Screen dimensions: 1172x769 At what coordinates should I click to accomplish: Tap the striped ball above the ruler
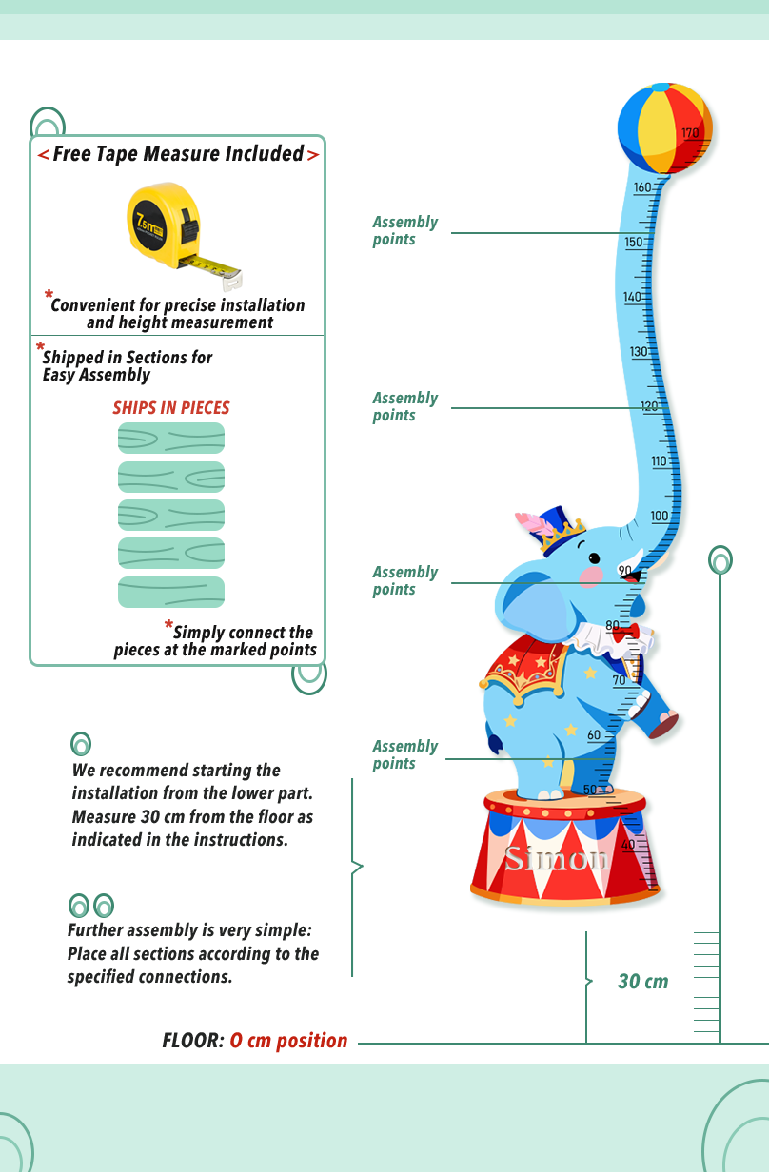(663, 129)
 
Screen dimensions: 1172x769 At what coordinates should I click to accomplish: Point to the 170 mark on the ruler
(690, 133)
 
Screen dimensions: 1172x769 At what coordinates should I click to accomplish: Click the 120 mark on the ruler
(649, 406)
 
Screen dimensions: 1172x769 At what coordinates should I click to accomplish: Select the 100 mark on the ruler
(660, 516)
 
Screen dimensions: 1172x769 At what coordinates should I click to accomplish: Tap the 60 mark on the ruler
(594, 734)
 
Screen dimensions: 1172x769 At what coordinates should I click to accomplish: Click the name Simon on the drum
(557, 858)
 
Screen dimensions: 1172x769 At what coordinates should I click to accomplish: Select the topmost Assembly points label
(404, 230)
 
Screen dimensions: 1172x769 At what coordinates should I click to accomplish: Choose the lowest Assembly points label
(404, 754)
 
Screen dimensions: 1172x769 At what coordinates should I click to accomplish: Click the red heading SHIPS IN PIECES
(171, 408)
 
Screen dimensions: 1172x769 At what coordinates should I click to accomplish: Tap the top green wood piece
(171, 438)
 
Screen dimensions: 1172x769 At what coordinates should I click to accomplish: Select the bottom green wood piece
(171, 592)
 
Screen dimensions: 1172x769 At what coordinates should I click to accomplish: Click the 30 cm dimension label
(643, 982)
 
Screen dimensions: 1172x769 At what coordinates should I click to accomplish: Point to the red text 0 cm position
(289, 1041)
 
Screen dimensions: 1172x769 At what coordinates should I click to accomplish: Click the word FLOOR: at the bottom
(193, 1041)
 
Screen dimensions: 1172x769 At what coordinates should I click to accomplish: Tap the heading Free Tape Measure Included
(178, 154)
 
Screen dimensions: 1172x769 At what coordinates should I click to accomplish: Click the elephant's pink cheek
(592, 576)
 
